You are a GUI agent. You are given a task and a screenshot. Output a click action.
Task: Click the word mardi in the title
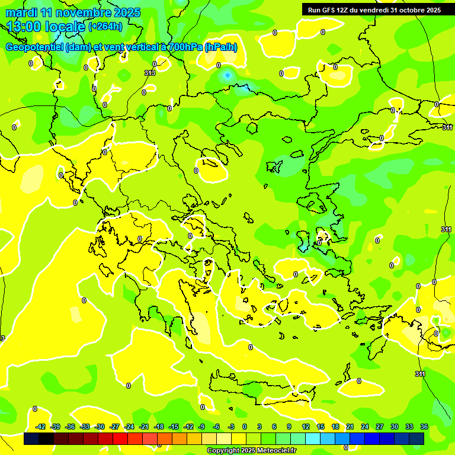(21, 12)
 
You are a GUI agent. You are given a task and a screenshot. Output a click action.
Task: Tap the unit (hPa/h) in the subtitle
(220, 47)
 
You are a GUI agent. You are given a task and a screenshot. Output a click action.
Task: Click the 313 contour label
(149, 73)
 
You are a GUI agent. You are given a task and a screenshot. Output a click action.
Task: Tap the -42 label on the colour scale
(41, 427)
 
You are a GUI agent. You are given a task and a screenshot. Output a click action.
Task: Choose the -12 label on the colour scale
(188, 427)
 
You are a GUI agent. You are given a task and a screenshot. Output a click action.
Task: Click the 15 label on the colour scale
(320, 427)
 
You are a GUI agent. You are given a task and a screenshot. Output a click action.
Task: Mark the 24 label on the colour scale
(364, 427)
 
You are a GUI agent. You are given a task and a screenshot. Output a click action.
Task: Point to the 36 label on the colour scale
(424, 427)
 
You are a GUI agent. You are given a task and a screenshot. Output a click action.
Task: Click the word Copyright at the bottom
(223, 451)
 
